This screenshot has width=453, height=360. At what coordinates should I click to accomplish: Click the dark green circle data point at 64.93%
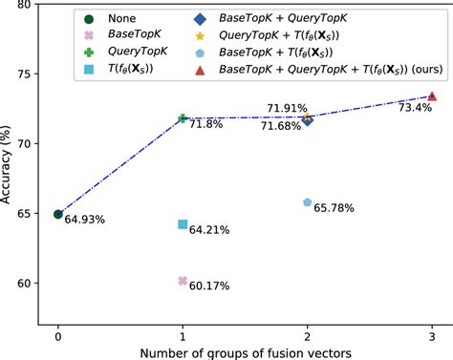coord(58,214)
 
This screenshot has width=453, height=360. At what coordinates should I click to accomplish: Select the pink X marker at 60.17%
coord(183,281)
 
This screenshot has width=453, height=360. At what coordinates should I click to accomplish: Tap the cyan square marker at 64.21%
coord(183,224)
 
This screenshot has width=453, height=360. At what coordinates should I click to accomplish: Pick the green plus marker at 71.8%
coord(183,118)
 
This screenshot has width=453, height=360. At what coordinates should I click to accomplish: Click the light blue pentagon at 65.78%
coord(308,202)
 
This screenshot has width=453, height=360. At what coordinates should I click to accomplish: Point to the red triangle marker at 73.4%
coord(432,96)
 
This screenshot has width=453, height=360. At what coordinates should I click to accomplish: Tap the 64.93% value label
coord(85,221)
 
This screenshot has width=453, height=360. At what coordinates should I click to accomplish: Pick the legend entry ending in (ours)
coord(330,69)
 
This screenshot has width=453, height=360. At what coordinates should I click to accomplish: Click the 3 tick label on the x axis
coord(432,336)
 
